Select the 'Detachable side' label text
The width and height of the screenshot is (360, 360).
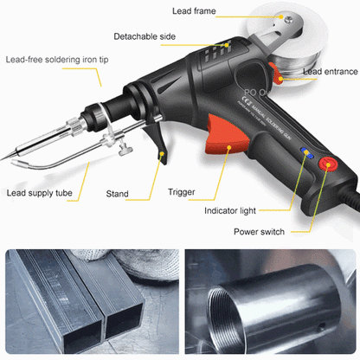pos(146,36)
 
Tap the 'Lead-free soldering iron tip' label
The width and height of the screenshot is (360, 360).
pos(50,61)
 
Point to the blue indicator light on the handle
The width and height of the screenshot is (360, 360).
pos(305,152)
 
